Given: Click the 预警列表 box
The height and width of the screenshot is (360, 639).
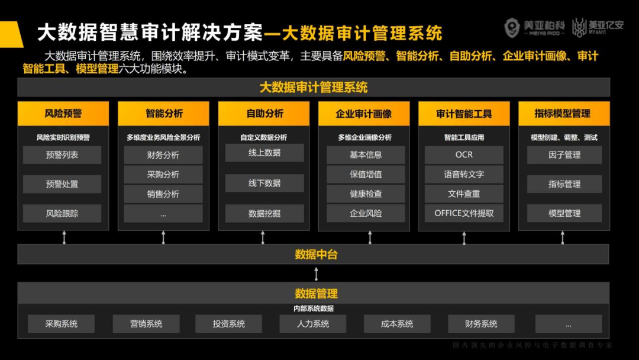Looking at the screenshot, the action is pyautogui.click(x=62, y=155).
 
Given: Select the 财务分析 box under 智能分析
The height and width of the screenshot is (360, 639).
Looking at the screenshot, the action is pyautogui.click(x=163, y=155).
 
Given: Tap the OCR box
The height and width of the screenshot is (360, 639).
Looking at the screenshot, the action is pyautogui.click(x=464, y=155).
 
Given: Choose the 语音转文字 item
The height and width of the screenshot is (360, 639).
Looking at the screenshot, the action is pyautogui.click(x=464, y=175).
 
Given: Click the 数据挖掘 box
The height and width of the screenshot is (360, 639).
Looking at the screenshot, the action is pyautogui.click(x=264, y=214).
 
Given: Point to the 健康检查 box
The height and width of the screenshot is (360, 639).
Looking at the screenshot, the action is pyautogui.click(x=366, y=194).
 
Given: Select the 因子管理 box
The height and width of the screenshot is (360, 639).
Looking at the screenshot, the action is pyautogui.click(x=564, y=155).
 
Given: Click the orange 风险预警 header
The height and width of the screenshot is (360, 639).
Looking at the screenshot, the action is pyautogui.click(x=63, y=114).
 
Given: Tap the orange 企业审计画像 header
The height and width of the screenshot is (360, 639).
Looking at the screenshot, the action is pyautogui.click(x=364, y=114).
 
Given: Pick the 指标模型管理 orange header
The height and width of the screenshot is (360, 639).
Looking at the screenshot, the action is pyautogui.click(x=564, y=114).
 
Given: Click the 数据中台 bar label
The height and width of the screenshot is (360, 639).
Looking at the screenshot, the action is pyautogui.click(x=316, y=255).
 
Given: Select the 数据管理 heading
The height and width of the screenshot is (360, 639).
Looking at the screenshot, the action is pyautogui.click(x=316, y=294).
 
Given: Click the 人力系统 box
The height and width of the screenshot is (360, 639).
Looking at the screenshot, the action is pyautogui.click(x=313, y=324).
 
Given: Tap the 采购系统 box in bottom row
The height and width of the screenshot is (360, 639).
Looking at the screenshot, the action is pyautogui.click(x=62, y=324).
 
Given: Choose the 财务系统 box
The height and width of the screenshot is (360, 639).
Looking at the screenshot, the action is pyautogui.click(x=481, y=324).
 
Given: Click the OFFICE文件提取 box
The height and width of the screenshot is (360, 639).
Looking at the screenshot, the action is pyautogui.click(x=464, y=213).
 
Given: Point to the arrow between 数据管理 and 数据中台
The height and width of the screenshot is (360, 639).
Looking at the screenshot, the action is pyautogui.click(x=317, y=274).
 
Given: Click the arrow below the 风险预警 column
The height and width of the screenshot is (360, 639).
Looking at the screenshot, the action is pyautogui.click(x=64, y=237).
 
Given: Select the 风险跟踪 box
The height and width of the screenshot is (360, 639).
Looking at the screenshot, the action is pyautogui.click(x=62, y=213).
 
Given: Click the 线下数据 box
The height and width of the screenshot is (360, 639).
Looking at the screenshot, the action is pyautogui.click(x=264, y=183).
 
